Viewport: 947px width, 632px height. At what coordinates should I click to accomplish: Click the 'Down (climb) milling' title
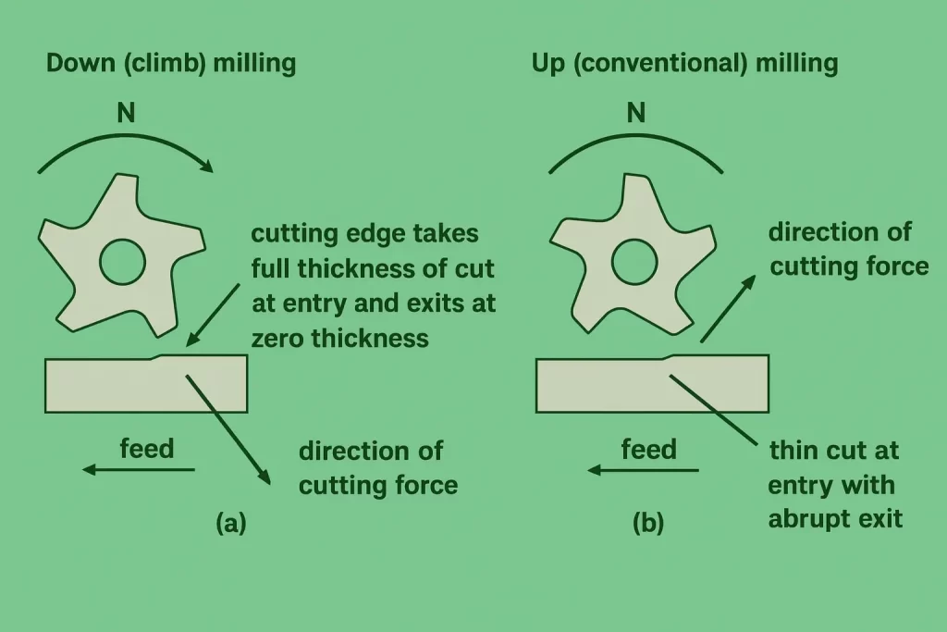click(x=171, y=64)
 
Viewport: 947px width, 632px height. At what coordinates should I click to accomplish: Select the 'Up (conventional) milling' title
click(x=685, y=64)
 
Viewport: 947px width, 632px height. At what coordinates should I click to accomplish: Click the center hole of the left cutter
click(x=123, y=262)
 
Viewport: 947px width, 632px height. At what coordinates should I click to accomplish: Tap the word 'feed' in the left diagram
click(x=147, y=449)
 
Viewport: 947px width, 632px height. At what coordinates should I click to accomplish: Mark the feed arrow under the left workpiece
click(x=139, y=470)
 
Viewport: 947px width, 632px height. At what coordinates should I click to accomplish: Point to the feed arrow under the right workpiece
click(x=644, y=470)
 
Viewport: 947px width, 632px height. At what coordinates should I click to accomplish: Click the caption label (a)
click(x=230, y=524)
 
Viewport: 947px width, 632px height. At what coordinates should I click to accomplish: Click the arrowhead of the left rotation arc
click(x=208, y=167)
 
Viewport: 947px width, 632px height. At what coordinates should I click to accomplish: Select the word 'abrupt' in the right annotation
click(x=807, y=518)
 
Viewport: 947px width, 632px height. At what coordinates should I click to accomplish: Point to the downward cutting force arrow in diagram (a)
click(x=230, y=430)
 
